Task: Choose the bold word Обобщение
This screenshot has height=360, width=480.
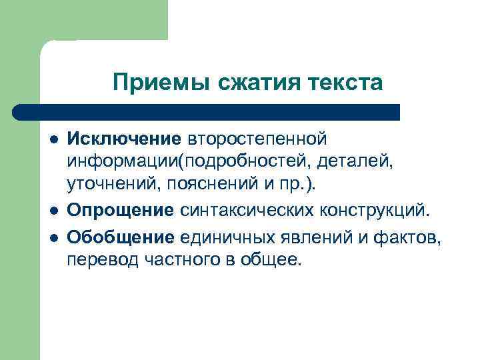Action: tap(121, 236)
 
